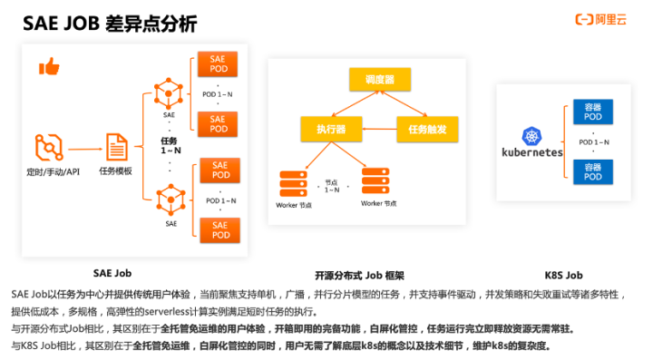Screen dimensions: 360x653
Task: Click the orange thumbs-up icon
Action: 49,66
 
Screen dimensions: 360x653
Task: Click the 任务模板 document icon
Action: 116,147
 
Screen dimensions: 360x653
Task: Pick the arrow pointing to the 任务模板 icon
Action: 83,148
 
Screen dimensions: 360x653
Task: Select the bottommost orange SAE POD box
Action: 219,229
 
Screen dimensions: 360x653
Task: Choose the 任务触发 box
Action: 422,130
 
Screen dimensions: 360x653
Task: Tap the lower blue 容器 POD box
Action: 592,171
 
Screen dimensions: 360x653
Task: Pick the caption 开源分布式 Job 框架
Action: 359,275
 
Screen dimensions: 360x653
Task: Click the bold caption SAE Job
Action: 112,272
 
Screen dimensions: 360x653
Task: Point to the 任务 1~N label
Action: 170,145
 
